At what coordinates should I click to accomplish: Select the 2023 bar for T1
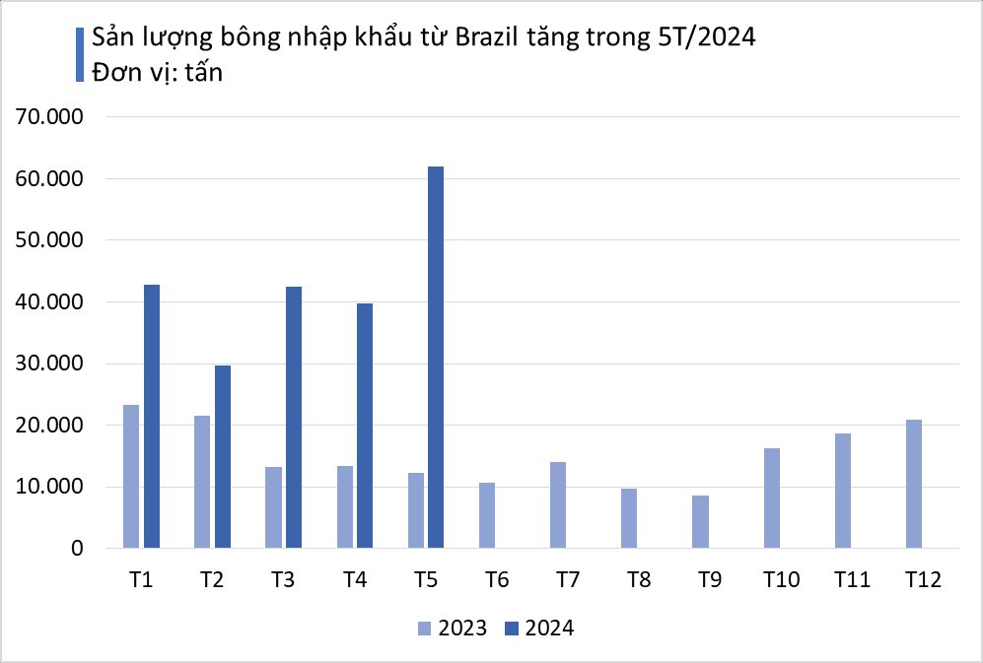(x=131, y=476)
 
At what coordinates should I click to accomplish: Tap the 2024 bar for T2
(x=223, y=456)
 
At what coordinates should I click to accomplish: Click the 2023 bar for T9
(x=700, y=521)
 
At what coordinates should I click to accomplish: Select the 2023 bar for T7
(x=558, y=504)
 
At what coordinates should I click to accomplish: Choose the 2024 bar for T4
(x=365, y=426)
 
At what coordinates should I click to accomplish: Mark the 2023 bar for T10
(x=771, y=497)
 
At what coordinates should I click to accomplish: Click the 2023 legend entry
(x=453, y=629)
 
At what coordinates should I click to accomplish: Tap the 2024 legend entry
(x=538, y=629)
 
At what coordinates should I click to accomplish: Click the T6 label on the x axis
(x=496, y=580)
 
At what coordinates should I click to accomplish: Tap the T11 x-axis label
(x=851, y=580)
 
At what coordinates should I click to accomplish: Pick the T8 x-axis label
(x=638, y=580)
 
